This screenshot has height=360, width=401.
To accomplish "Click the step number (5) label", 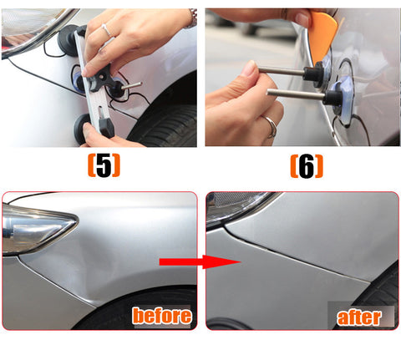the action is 104,165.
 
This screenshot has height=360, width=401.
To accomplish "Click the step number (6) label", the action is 307,166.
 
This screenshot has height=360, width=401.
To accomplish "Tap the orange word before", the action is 162,316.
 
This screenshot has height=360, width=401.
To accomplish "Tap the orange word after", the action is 358,317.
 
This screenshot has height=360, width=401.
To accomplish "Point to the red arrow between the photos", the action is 200,261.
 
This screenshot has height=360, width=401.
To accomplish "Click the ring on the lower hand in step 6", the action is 271,127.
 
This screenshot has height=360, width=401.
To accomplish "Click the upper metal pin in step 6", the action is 282,71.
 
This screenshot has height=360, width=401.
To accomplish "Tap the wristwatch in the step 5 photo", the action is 193,18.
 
